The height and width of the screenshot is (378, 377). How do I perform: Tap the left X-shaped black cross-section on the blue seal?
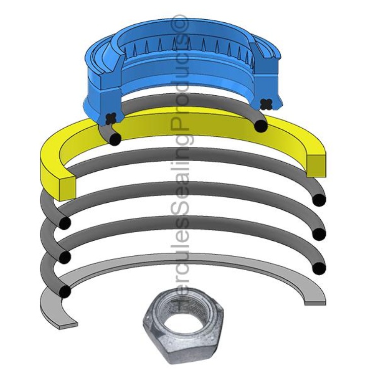(109, 118)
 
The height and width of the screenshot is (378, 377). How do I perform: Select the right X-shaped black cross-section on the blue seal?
(265, 104)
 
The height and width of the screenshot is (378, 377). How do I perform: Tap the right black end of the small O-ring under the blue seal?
(260, 125)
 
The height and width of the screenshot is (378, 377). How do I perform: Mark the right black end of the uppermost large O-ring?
(319, 200)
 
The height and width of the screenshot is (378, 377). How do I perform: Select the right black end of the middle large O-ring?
(319, 234)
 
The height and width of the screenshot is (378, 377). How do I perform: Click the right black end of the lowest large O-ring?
(319, 268)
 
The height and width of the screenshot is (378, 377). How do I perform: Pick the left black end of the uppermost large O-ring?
(65, 223)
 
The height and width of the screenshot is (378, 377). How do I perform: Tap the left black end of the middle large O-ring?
(65, 257)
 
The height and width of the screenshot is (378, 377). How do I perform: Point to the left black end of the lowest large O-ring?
(65, 291)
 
